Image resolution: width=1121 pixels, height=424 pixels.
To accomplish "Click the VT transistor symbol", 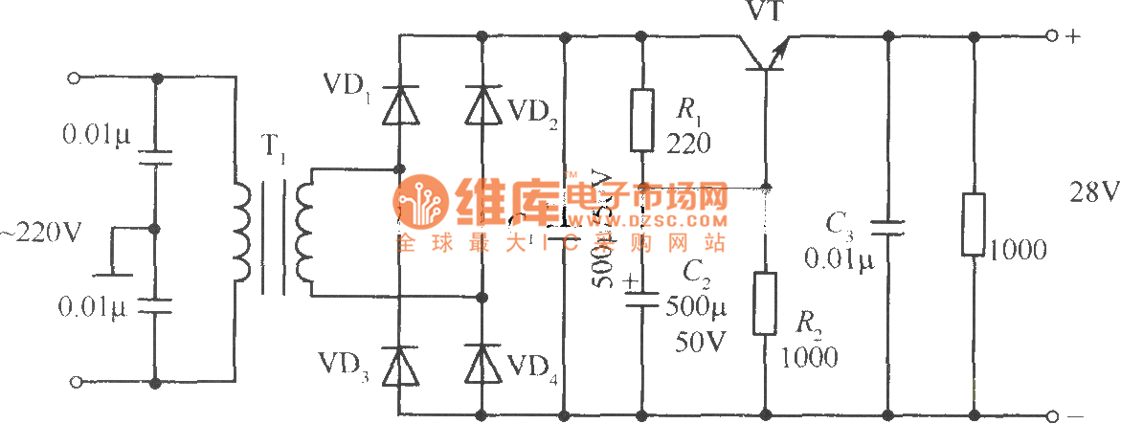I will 765,56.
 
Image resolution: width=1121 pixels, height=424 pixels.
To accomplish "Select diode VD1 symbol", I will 400,104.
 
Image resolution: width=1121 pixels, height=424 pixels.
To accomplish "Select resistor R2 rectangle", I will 765,303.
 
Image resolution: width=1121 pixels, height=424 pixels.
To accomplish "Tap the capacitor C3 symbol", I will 888,227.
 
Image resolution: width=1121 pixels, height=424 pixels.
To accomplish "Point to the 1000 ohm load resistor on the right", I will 974,227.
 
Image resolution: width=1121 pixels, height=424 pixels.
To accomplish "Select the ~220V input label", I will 44,231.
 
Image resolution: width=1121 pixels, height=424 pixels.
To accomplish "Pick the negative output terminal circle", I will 1054,416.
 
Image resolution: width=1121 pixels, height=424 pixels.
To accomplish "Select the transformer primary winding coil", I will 241,230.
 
